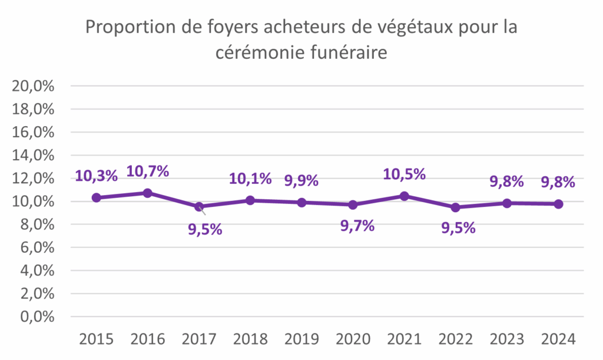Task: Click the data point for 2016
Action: pos(148,193)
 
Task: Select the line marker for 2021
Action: pos(404,196)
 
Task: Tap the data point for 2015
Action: pos(96,197)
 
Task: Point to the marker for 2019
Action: pos(301,202)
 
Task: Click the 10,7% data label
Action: pos(148,171)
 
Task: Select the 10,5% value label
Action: pos(404,174)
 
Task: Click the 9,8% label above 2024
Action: pos(558,182)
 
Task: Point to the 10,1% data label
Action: pos(250,178)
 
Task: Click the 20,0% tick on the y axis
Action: pos(34,86)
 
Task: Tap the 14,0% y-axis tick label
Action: pos(34,155)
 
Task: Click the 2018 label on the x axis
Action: pos(250,339)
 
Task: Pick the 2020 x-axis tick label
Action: pos(353,339)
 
